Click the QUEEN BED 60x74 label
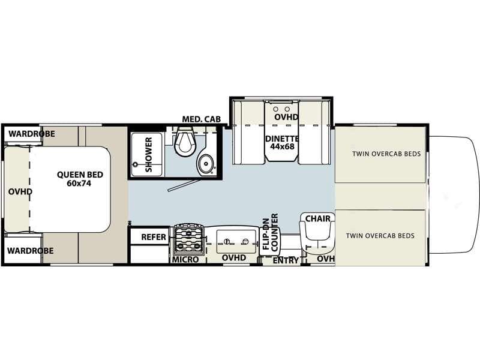(x=80, y=179)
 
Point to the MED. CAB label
(x=202, y=119)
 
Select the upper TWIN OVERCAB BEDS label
(x=386, y=154)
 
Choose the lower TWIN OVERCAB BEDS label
(x=380, y=236)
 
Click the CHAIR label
(x=317, y=218)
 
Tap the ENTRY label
(x=286, y=260)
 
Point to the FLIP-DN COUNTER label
(x=271, y=232)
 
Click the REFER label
(x=154, y=237)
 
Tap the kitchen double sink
(x=236, y=241)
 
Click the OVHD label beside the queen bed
(x=20, y=191)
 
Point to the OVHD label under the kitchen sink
(x=234, y=258)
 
